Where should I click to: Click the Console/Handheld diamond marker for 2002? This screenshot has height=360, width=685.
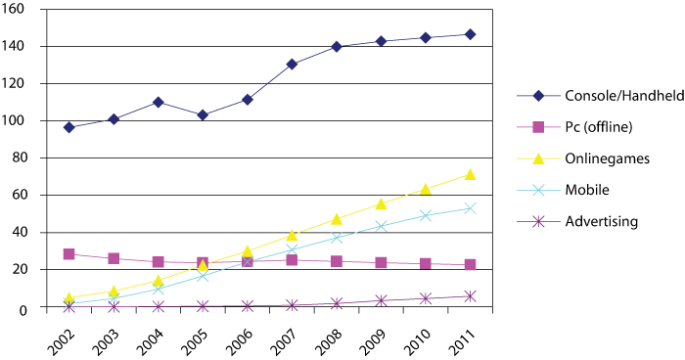coord(68,127)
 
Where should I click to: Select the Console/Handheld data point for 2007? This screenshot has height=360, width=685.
coord(292,65)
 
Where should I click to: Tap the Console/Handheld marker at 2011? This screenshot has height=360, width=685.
coord(470,34)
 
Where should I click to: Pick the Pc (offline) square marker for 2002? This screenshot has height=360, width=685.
coord(68,254)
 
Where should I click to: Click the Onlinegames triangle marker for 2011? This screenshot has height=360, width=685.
coord(470,174)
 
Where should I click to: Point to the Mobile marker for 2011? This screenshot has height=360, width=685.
coord(470,208)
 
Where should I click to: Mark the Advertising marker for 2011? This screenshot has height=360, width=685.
coord(470,295)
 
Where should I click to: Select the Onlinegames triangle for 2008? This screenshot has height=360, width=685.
coord(337,218)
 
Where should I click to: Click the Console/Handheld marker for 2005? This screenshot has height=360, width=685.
coord(203,115)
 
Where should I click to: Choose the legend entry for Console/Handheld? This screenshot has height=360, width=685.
coord(601,96)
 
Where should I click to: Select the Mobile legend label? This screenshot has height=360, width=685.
coord(585,190)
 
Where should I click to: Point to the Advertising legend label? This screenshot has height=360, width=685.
coord(596,221)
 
